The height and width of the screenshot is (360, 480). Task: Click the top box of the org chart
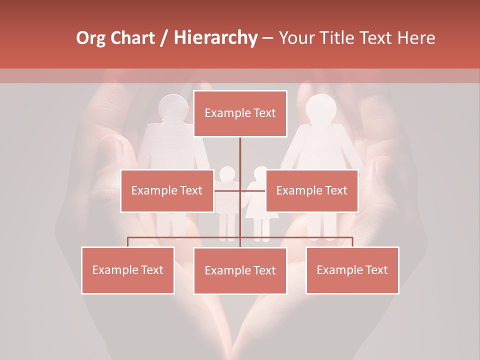click(240, 113)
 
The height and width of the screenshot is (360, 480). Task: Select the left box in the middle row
click(166, 190)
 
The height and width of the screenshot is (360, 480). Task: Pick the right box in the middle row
click(311, 190)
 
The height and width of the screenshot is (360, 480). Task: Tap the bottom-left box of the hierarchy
click(127, 270)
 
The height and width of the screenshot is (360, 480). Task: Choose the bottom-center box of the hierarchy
click(240, 270)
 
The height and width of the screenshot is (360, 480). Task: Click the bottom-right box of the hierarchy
click(352, 270)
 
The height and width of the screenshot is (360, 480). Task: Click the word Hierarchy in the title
click(215, 38)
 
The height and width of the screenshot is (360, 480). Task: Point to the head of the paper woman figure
click(320, 107)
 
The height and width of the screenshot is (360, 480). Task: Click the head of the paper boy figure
click(227, 174)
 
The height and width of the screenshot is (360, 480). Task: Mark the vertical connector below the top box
click(240, 155)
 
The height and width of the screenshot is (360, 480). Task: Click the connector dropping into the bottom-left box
click(127, 242)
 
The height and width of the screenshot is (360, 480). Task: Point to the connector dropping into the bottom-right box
click(352, 242)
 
